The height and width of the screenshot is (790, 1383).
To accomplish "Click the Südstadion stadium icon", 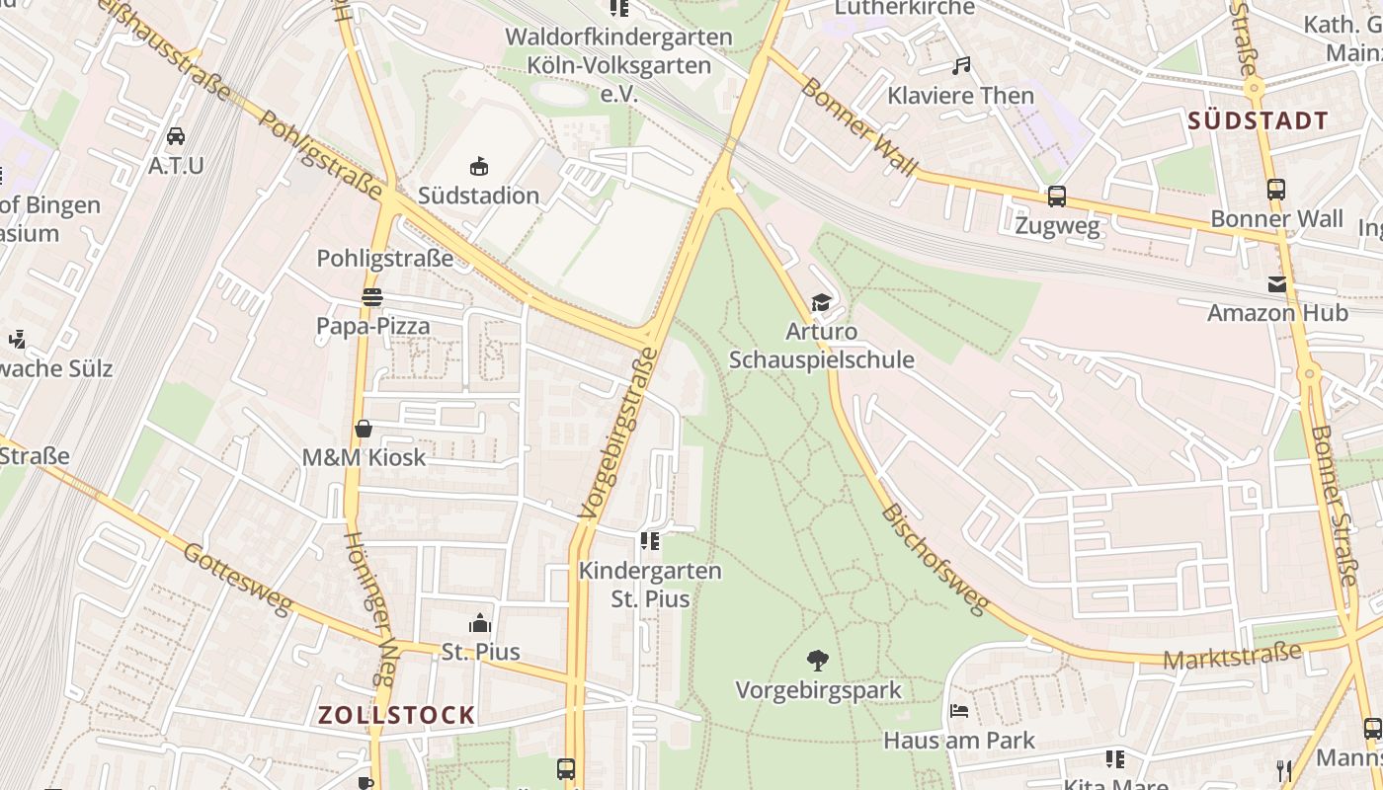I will pyautogui.click(x=479, y=166).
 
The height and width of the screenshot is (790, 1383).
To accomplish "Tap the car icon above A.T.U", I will pyautogui.click(x=176, y=136).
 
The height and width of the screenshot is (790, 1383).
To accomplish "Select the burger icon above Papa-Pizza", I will pyautogui.click(x=372, y=296).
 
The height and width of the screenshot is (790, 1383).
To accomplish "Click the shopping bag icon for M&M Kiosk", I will pyautogui.click(x=364, y=429).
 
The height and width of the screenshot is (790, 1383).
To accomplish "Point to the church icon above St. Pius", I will pyautogui.click(x=480, y=623).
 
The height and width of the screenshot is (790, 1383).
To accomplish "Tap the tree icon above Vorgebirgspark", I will pyautogui.click(x=817, y=660).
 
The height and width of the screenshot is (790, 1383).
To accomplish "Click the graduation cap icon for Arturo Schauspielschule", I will pyautogui.click(x=821, y=302).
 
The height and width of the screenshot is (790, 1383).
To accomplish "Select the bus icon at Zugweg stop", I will pyautogui.click(x=1057, y=197).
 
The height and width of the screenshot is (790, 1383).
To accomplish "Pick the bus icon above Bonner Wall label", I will pyautogui.click(x=1276, y=190).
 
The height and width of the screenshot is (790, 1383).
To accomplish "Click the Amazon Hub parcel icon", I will pyautogui.click(x=1277, y=284).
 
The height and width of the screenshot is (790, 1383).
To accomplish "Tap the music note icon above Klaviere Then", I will pyautogui.click(x=960, y=66).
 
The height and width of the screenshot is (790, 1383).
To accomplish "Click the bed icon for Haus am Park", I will pyautogui.click(x=958, y=711).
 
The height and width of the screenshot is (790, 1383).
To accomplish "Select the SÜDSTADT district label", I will pyautogui.click(x=1258, y=121).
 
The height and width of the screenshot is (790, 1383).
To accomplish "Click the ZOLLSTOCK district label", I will pyautogui.click(x=396, y=715).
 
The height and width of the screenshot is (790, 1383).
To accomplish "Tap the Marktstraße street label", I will pyautogui.click(x=1232, y=655).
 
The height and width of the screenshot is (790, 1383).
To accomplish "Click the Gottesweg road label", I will pyautogui.click(x=238, y=579).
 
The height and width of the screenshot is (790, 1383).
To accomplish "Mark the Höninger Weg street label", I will pyautogui.click(x=369, y=608).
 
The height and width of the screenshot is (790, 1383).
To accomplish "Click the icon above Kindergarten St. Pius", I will pyautogui.click(x=649, y=540).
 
